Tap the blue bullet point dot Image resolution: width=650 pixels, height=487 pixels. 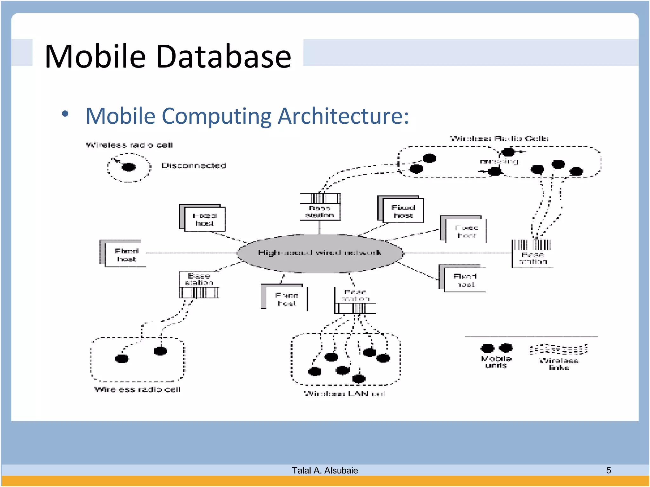click(x=65, y=114)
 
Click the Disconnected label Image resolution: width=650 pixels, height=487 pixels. click(x=194, y=165)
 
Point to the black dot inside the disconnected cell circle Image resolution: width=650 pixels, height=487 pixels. click(x=129, y=167)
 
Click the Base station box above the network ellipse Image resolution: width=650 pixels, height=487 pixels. click(x=320, y=207)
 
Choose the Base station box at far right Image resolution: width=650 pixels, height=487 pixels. click(x=533, y=254)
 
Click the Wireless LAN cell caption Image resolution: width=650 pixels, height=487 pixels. click(x=345, y=394)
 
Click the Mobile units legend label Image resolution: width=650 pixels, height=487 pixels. click(x=496, y=362)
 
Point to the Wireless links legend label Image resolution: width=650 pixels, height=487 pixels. click(x=559, y=364)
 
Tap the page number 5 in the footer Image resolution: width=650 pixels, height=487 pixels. click(x=608, y=470)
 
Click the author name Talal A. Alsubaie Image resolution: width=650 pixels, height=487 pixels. click(x=325, y=470)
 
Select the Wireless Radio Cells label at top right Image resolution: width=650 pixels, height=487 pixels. click(x=499, y=138)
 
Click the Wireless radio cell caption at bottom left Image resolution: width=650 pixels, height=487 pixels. click(x=137, y=389)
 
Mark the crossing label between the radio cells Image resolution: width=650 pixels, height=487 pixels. click(x=499, y=161)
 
